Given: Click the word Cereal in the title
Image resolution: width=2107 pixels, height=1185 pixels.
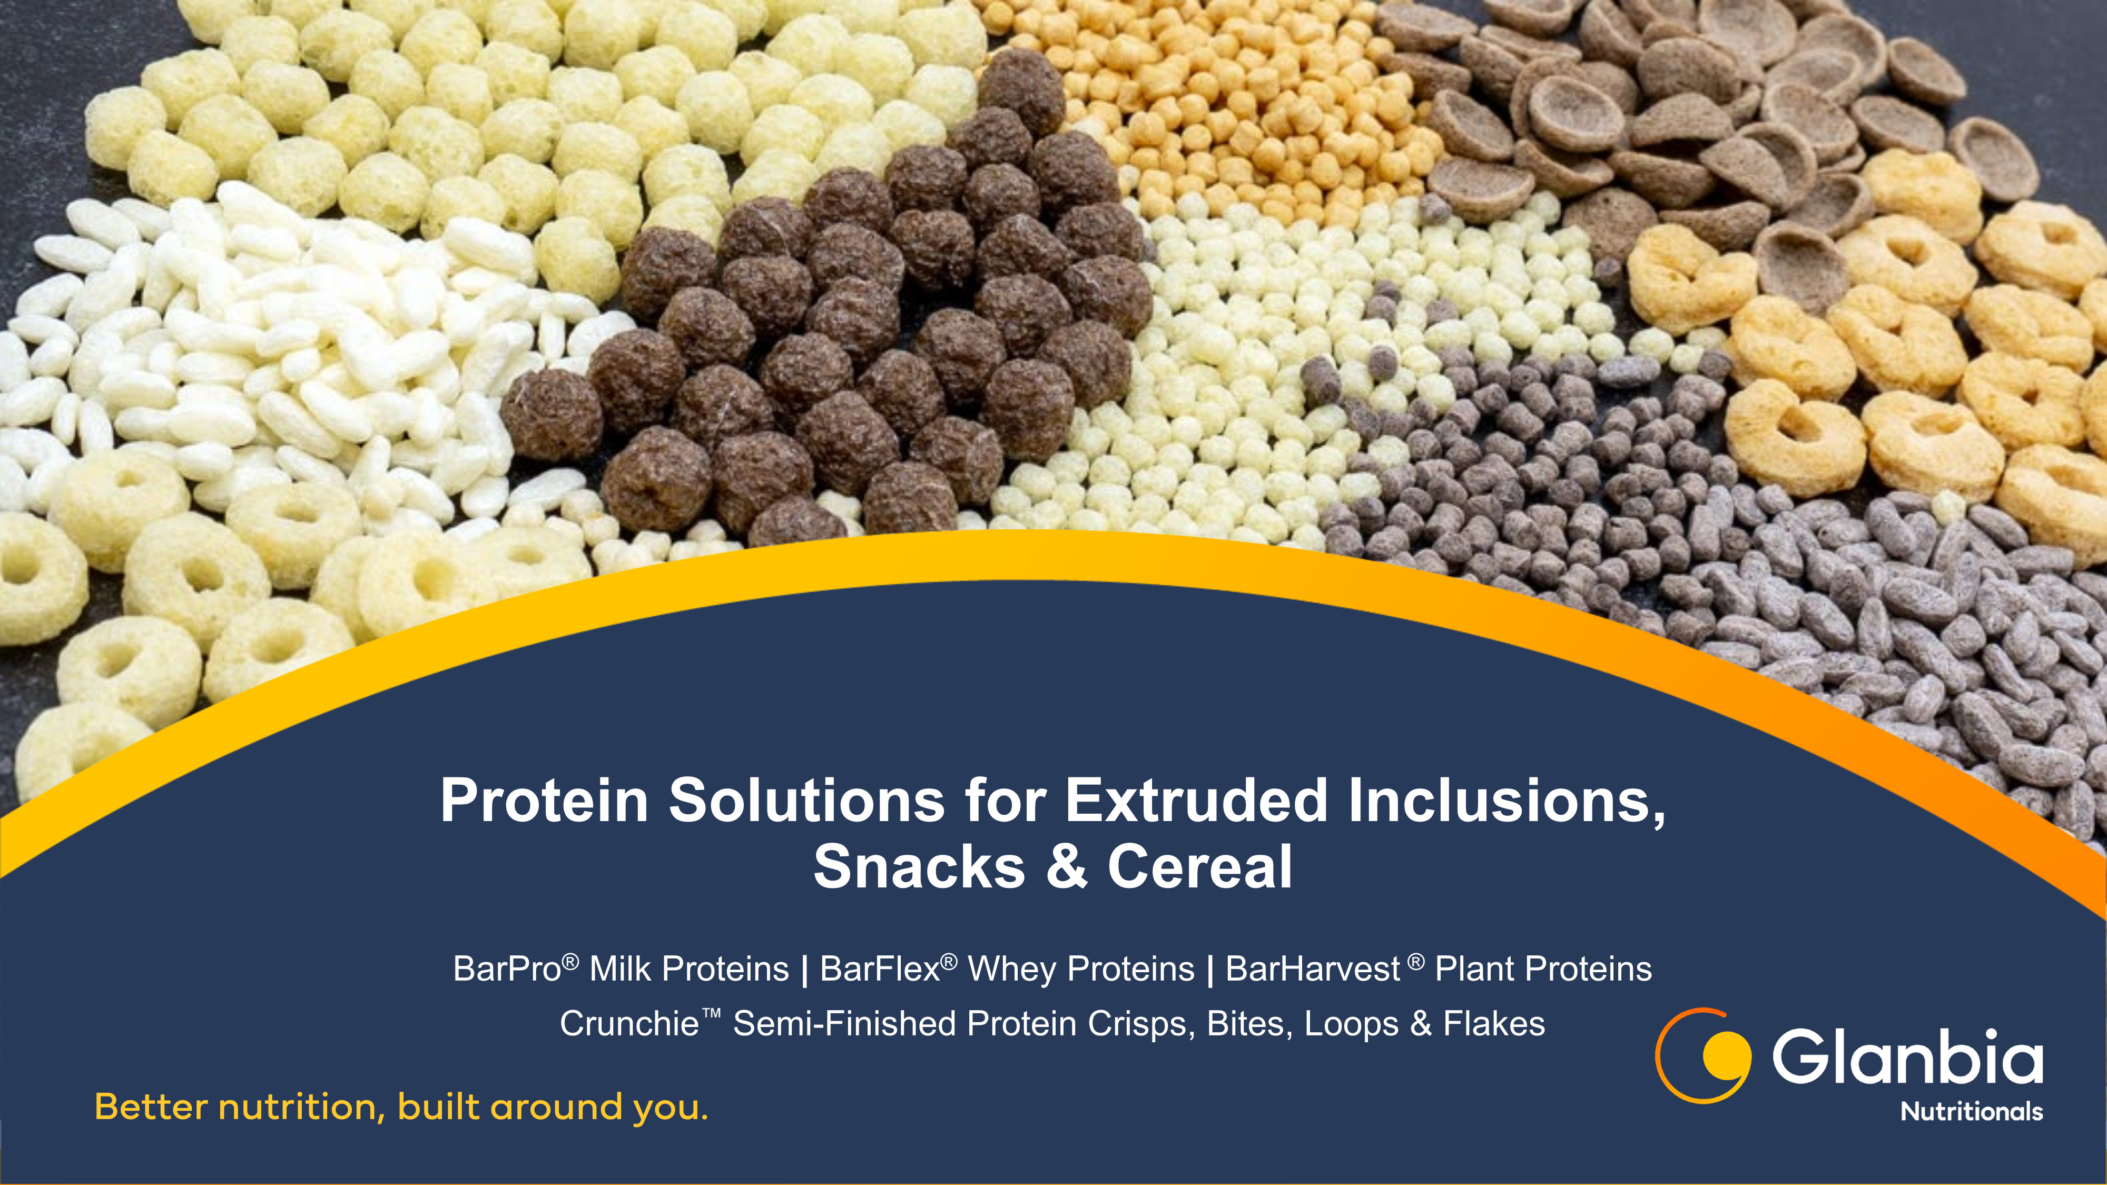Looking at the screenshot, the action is click(x=1200, y=867).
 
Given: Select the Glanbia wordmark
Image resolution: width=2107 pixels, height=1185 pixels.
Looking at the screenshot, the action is click(x=1907, y=1056).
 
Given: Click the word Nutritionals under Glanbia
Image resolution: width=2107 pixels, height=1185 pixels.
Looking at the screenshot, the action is click(x=1971, y=1111).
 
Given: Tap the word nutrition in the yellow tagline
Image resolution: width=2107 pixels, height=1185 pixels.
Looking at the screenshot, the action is click(x=298, y=1107).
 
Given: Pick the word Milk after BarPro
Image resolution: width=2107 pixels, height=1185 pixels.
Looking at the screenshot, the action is click(x=619, y=969).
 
